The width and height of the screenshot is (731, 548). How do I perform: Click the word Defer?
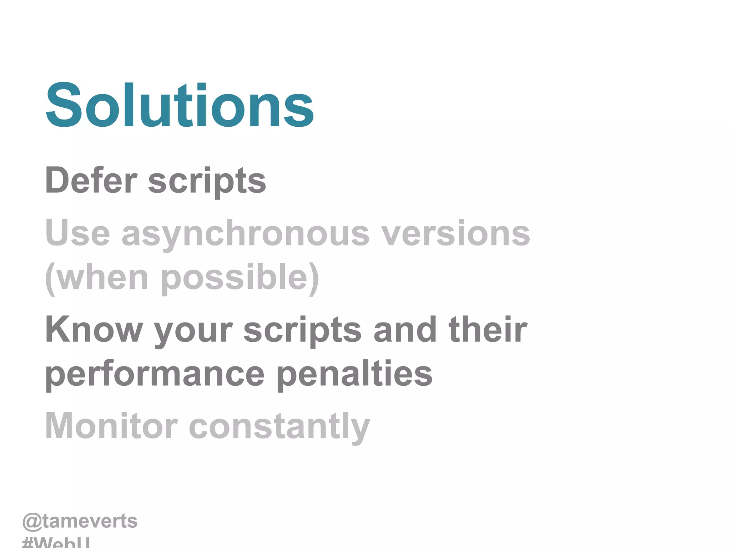pyautogui.click(x=91, y=181)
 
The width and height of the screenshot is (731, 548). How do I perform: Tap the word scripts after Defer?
pyautogui.click(x=207, y=182)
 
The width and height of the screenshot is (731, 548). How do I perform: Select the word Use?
pyautogui.click(x=78, y=233)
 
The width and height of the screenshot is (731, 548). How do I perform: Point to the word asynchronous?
pyautogui.click(x=246, y=235)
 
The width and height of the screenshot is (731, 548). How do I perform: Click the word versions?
pyautogui.click(x=456, y=233)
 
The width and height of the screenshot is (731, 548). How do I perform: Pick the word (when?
pyautogui.click(x=96, y=278)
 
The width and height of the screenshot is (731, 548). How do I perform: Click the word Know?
pyautogui.click(x=94, y=330)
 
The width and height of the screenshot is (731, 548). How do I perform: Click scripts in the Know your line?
pyautogui.click(x=302, y=331)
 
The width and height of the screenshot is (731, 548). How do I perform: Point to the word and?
pyautogui.click(x=405, y=330)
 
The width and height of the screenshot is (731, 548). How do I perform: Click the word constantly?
pyautogui.click(x=279, y=427)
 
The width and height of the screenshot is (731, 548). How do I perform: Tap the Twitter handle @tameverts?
pyautogui.click(x=80, y=521)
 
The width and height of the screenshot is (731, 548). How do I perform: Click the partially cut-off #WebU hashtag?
pyautogui.click(x=56, y=543)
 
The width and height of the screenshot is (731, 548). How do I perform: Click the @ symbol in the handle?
pyautogui.click(x=32, y=522)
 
